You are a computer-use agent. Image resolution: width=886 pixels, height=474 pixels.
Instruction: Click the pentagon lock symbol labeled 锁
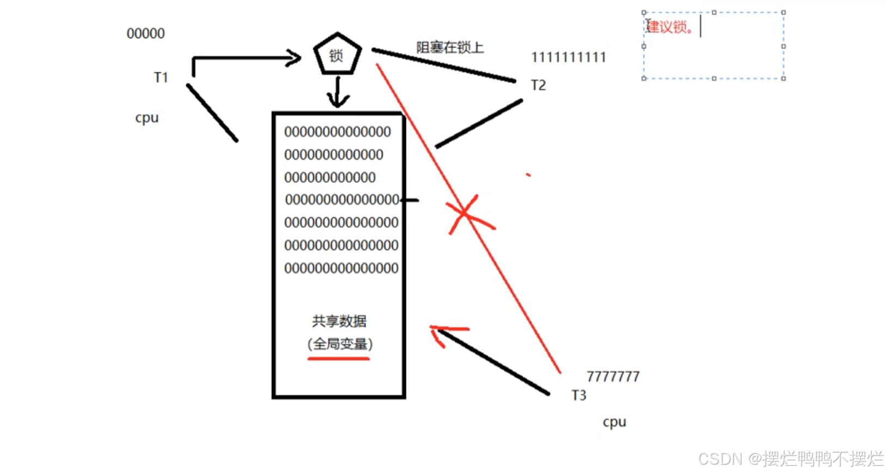coord(337,55)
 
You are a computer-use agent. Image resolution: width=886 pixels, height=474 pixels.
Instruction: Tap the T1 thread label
coord(161,77)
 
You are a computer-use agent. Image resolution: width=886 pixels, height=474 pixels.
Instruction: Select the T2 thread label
coord(538,85)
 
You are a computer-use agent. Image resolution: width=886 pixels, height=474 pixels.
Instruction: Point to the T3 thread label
coord(579,395)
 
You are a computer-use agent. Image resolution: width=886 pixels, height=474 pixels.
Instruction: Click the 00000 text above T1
coord(145,34)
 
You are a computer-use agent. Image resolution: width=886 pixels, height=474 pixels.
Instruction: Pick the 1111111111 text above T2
coord(568,57)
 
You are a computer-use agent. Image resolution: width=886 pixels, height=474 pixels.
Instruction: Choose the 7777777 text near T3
coord(613,376)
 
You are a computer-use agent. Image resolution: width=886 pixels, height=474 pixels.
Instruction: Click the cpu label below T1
coord(147,118)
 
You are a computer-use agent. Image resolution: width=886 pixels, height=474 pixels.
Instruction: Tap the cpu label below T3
coord(614,422)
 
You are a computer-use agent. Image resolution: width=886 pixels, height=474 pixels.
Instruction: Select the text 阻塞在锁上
coord(450,47)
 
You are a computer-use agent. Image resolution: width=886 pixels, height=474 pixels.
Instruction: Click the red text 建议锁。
coord(670,27)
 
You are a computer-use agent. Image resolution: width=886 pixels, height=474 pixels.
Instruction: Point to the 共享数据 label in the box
coord(339,321)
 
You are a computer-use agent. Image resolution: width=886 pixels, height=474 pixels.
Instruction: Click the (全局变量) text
coord(339,344)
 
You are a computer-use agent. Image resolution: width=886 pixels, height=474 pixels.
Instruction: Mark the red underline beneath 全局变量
coord(338,359)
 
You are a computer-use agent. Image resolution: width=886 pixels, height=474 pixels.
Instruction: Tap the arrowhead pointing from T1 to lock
coord(294,57)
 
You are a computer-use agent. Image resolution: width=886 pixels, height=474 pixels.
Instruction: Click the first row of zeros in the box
coord(337,132)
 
